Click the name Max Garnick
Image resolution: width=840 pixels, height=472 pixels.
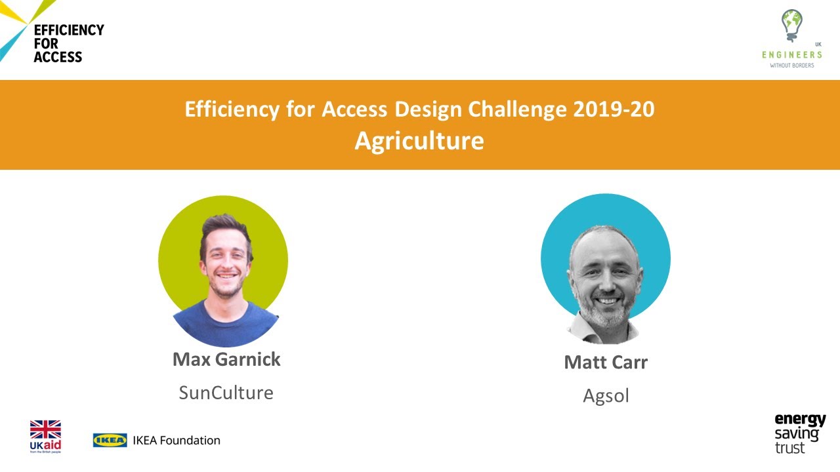click(x=226, y=359)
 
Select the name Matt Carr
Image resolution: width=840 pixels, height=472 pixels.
click(x=606, y=362)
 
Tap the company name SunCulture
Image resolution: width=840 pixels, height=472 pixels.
click(x=226, y=392)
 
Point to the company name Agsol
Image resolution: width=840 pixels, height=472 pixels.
click(x=606, y=395)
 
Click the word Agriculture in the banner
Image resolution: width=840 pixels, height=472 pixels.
click(x=419, y=140)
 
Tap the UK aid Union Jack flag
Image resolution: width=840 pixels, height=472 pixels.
click(x=45, y=430)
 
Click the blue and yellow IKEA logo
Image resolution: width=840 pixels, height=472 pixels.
click(x=110, y=440)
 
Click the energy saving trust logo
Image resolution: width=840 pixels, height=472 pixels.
click(x=799, y=433)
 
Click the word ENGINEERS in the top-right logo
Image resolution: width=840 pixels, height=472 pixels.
click(x=791, y=55)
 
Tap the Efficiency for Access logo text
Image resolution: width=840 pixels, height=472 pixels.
click(x=68, y=43)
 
